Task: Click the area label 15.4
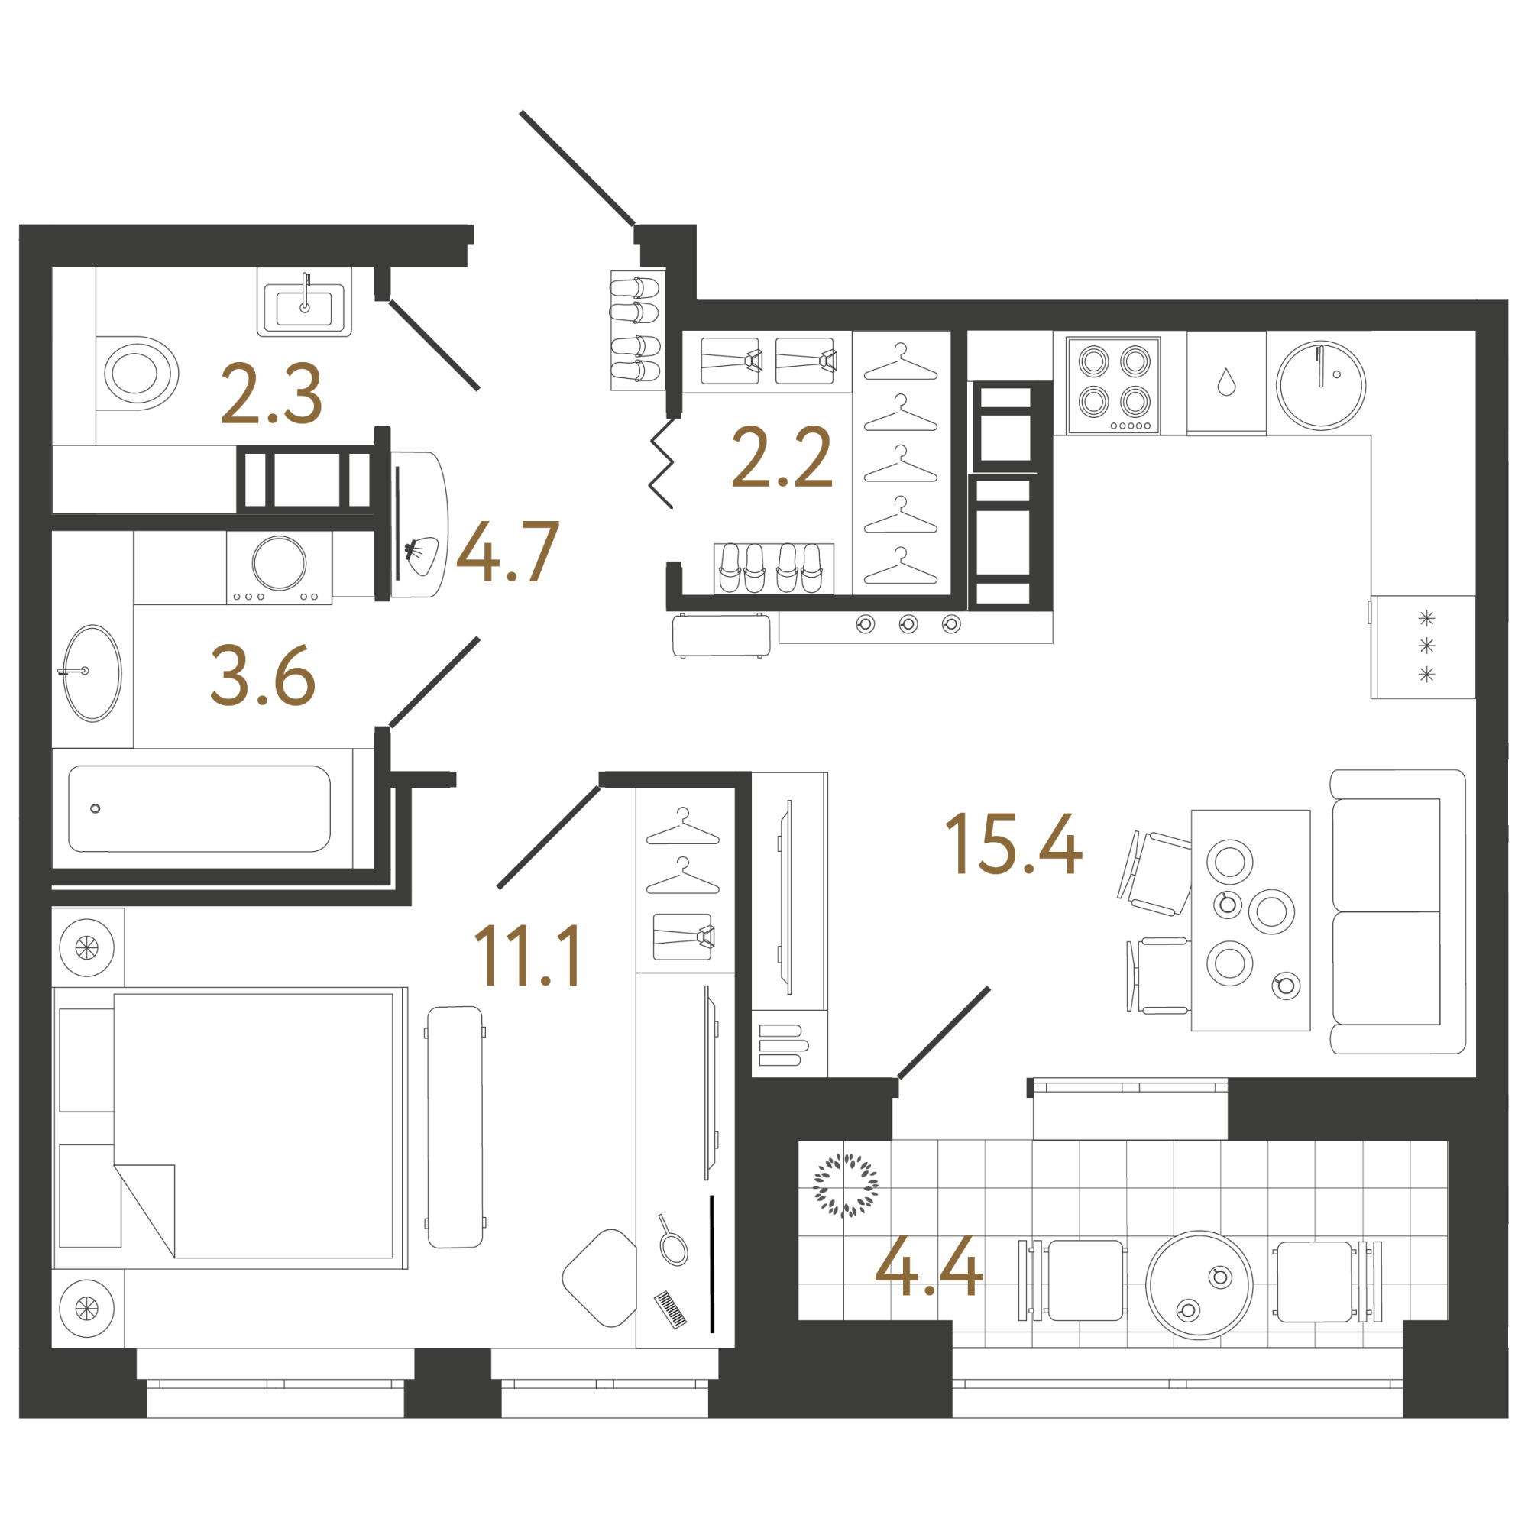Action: click(1013, 844)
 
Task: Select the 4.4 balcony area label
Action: click(928, 1265)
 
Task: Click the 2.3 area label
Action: click(271, 393)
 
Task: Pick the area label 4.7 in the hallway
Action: click(508, 552)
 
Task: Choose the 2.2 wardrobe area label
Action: click(782, 456)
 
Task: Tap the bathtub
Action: click(199, 808)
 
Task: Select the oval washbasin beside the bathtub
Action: click(92, 673)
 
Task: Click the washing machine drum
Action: click(279, 563)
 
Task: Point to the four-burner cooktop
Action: click(1114, 386)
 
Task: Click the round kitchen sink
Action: click(1321, 386)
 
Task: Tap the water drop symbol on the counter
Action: click(1227, 382)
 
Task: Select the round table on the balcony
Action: click(1199, 1285)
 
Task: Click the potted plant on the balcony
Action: click(846, 1185)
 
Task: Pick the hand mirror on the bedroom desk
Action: click(672, 1241)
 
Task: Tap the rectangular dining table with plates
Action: click(1251, 921)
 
